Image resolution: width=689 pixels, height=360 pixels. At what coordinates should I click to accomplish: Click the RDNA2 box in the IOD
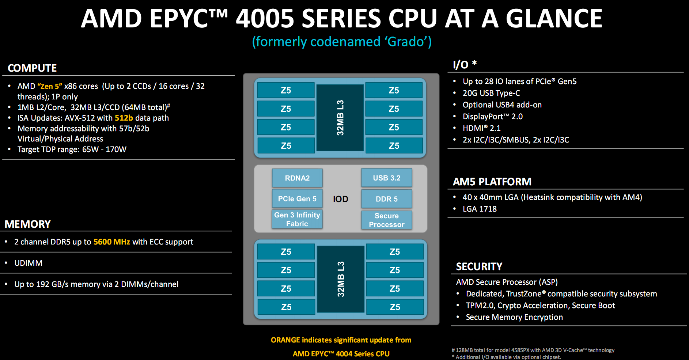pos(297,178)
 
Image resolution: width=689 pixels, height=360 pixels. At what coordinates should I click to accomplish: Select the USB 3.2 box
pos(386,178)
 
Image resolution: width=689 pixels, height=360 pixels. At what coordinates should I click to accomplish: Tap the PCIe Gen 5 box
pos(297,199)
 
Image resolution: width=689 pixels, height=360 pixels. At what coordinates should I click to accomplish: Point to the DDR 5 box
pos(386,199)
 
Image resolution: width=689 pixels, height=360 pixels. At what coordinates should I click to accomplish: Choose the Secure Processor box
pos(386,220)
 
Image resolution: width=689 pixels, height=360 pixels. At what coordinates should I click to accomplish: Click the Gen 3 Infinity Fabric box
pos(297,219)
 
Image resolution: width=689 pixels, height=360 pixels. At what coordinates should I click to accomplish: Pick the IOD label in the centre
pos(340,199)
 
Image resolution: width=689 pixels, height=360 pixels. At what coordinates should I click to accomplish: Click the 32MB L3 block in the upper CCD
pos(340,118)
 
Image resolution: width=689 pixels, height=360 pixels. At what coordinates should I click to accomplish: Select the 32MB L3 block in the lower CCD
pos(340,279)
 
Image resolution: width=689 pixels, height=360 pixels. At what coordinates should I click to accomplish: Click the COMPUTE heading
pos(32,68)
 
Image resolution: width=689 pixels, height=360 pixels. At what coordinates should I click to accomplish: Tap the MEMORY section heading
pos(28,224)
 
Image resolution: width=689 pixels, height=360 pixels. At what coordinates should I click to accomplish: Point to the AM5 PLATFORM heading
pos(492,182)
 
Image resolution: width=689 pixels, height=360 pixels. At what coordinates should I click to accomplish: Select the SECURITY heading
pos(479,266)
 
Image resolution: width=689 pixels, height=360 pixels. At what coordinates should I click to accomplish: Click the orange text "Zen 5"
pos(50,86)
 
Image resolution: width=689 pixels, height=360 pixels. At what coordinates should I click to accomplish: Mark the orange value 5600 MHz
pos(111,242)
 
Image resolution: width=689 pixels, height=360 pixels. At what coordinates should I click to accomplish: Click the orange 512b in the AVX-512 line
pos(124,118)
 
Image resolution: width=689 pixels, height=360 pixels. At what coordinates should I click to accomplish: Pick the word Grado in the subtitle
pos(405,42)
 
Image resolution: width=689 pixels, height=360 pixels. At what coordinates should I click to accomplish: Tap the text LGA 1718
pos(480,209)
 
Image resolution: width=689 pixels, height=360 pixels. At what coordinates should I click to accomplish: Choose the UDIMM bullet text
pos(28,263)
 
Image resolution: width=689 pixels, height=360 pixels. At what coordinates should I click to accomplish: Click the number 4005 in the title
pos(265,19)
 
